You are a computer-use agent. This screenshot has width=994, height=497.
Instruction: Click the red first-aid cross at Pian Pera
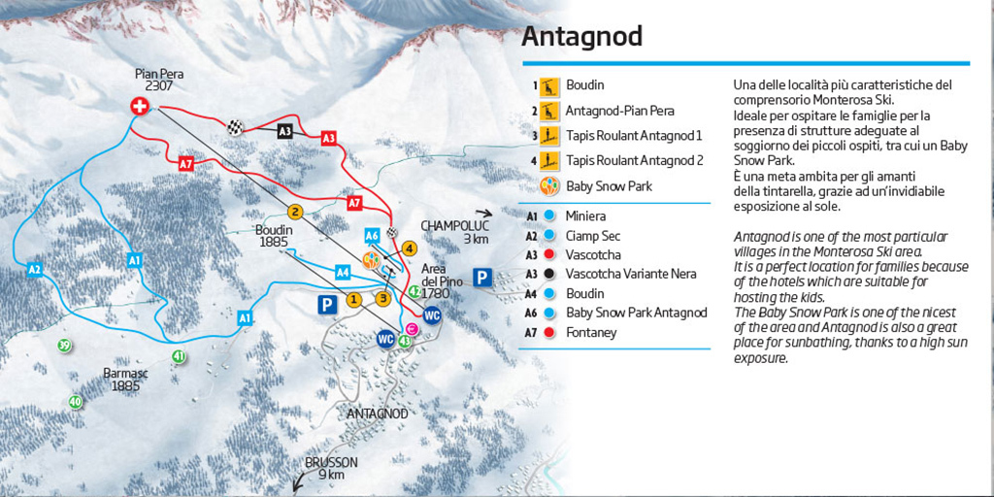[140, 108]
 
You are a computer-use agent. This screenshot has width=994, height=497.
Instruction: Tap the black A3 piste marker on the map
[284, 131]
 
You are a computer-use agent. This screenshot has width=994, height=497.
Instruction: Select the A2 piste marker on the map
[34, 269]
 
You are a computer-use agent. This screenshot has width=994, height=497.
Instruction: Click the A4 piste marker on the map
[342, 273]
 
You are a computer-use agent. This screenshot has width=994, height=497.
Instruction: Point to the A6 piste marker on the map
[372, 236]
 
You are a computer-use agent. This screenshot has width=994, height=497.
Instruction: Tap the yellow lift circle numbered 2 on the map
[295, 212]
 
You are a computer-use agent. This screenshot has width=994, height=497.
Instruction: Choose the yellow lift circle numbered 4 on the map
[410, 248]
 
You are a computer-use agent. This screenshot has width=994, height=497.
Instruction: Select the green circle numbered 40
[75, 401]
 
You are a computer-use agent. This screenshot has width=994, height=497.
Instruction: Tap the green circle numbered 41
[179, 356]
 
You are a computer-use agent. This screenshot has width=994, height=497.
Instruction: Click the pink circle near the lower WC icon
[412, 331]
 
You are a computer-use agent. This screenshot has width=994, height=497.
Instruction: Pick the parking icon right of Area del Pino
[481, 279]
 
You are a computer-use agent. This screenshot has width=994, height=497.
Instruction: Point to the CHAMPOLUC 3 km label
[447, 232]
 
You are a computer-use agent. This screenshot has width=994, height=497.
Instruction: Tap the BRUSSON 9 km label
[330, 469]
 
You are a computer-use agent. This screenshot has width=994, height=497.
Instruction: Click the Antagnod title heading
[581, 36]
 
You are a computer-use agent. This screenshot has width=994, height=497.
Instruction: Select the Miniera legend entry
[585, 216]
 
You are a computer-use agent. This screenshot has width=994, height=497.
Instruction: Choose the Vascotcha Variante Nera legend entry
[630, 274]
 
